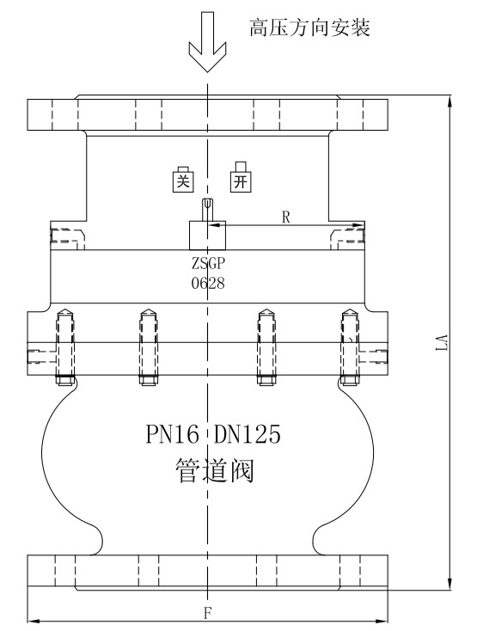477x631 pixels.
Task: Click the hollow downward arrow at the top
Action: click(x=207, y=42)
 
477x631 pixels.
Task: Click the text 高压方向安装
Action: click(x=309, y=28)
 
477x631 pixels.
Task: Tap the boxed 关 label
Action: click(x=183, y=179)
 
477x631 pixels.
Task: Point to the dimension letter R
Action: click(x=285, y=217)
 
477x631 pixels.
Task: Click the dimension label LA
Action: click(x=442, y=342)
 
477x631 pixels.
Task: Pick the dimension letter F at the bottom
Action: click(x=207, y=614)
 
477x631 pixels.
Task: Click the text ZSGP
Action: click(x=208, y=264)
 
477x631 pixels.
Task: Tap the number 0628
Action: click(x=208, y=284)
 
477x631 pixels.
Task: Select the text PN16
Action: click(x=172, y=434)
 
